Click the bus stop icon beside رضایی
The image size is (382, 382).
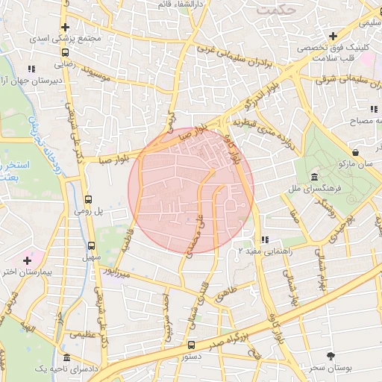coord(66,53)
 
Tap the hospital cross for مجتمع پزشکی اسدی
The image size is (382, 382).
coord(66,28)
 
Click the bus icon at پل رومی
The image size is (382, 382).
coord(89,200)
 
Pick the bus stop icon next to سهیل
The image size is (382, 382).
coord(91,245)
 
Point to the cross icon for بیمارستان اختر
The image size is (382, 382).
coord(28,260)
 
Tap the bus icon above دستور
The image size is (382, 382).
coord(191,345)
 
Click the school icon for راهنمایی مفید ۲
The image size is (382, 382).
coord(264,240)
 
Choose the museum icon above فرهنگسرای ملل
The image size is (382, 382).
coord(314,178)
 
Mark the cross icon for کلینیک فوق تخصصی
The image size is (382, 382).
coord(333,36)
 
